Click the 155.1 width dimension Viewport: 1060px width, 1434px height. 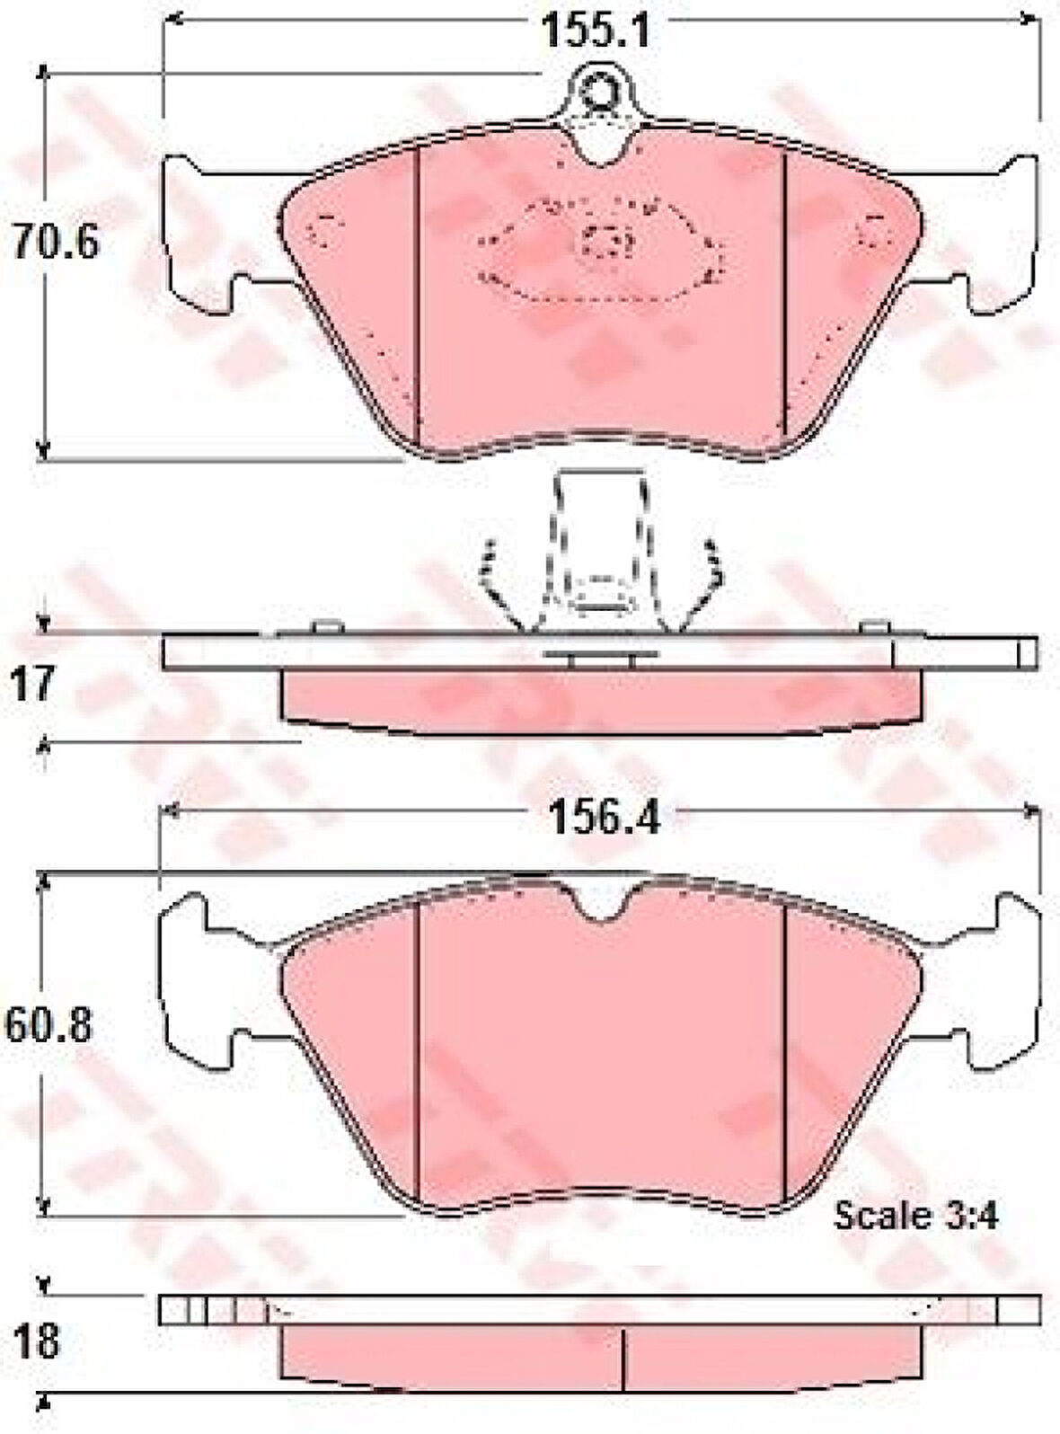(x=596, y=31)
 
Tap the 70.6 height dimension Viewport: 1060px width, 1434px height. (x=57, y=242)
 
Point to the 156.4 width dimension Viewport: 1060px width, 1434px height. (x=604, y=819)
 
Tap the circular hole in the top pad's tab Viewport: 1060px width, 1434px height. (x=598, y=91)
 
